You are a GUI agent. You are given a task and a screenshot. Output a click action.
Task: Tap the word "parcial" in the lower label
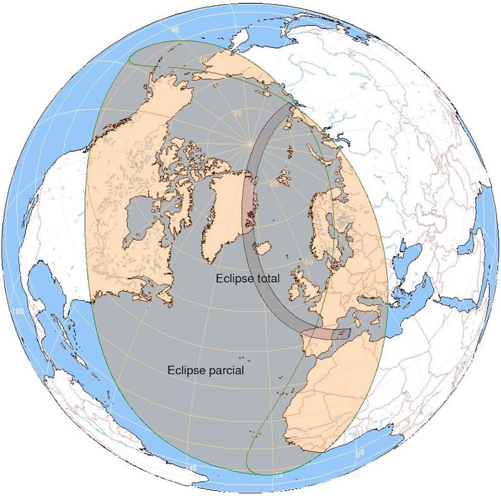[227, 370]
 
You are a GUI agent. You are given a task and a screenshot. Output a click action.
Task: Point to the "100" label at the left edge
[17, 311]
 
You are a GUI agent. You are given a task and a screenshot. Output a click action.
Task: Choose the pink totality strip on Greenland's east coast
[249, 204]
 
